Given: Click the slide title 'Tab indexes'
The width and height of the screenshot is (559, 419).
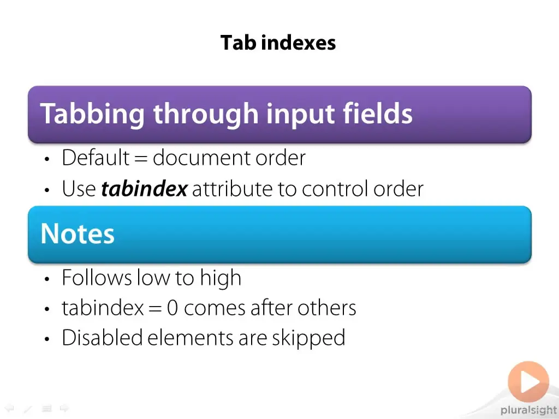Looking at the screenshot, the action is click(x=278, y=43).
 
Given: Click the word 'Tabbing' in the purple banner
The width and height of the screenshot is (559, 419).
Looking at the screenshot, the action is click(x=92, y=114).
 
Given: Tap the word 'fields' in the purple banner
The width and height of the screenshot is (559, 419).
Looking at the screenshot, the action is click(x=378, y=113).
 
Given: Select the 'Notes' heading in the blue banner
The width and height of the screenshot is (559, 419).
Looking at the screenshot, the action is click(x=78, y=234).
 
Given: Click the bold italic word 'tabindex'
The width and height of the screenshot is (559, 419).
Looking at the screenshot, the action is click(x=144, y=188).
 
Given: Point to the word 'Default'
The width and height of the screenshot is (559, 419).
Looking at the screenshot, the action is click(x=96, y=157).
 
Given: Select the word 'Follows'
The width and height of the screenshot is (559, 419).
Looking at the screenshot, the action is click(x=97, y=277).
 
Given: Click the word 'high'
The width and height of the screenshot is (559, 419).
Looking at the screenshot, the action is click(x=221, y=278).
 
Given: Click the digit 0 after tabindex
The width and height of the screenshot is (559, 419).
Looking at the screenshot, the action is click(x=172, y=308).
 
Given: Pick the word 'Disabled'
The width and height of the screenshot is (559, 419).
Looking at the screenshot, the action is click(x=102, y=337).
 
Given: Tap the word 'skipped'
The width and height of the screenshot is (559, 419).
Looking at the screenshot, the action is click(x=309, y=338).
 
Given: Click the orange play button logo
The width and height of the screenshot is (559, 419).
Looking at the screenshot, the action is click(x=528, y=381).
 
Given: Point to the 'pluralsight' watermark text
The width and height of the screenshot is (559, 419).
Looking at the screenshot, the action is click(x=528, y=410).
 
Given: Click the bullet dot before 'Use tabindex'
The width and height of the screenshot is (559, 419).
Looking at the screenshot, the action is click(x=47, y=190).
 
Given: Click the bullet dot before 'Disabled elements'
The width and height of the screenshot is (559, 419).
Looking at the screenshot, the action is click(x=47, y=339).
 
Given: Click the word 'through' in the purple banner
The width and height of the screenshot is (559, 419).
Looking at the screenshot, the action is click(x=206, y=114).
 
